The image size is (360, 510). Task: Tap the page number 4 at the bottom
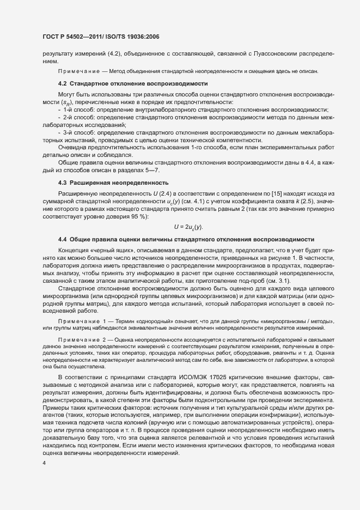[x=44, y=464]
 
